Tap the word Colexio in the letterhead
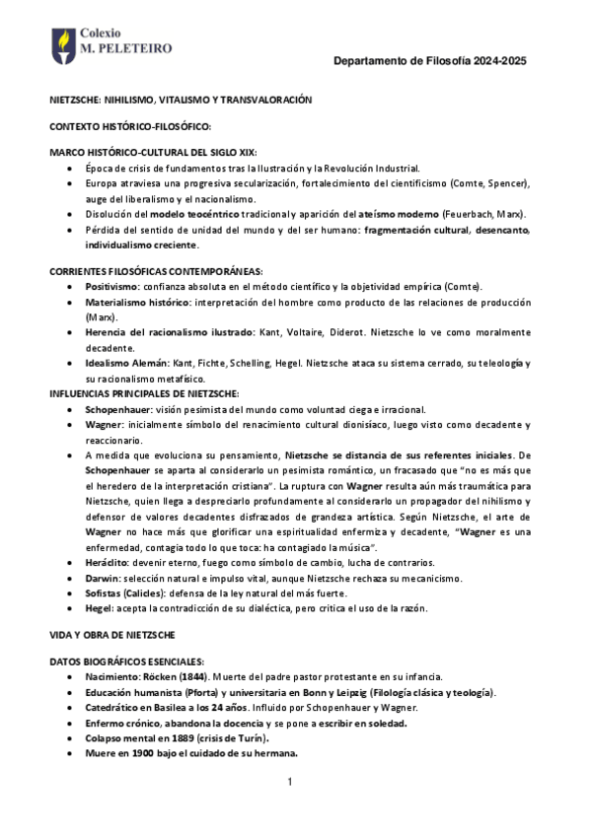pos(102,32)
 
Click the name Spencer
pos(507,184)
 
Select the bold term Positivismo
pos(111,286)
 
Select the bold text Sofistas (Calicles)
pos(127,593)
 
